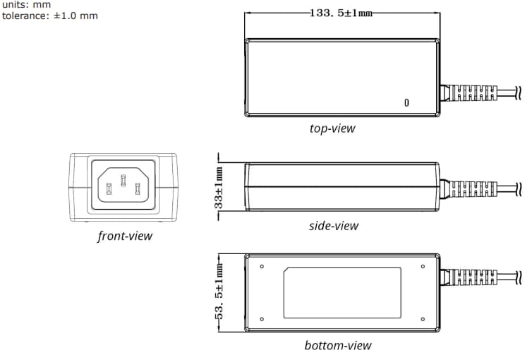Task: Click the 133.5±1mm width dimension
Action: tap(341, 13)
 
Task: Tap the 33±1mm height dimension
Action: tap(219, 186)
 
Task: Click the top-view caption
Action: tap(332, 128)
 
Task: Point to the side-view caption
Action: tap(333, 226)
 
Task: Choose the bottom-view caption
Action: tap(337, 345)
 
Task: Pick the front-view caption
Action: tap(124, 236)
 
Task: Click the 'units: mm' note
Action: tap(26, 4)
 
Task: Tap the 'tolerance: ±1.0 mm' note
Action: tap(49, 15)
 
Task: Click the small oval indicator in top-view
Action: tap(406, 102)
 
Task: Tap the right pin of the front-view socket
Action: tap(138, 188)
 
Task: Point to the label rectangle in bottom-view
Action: tap(342, 292)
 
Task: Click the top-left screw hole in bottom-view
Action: tap(262, 266)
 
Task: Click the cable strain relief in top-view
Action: tap(469, 93)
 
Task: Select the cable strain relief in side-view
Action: tap(469, 188)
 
